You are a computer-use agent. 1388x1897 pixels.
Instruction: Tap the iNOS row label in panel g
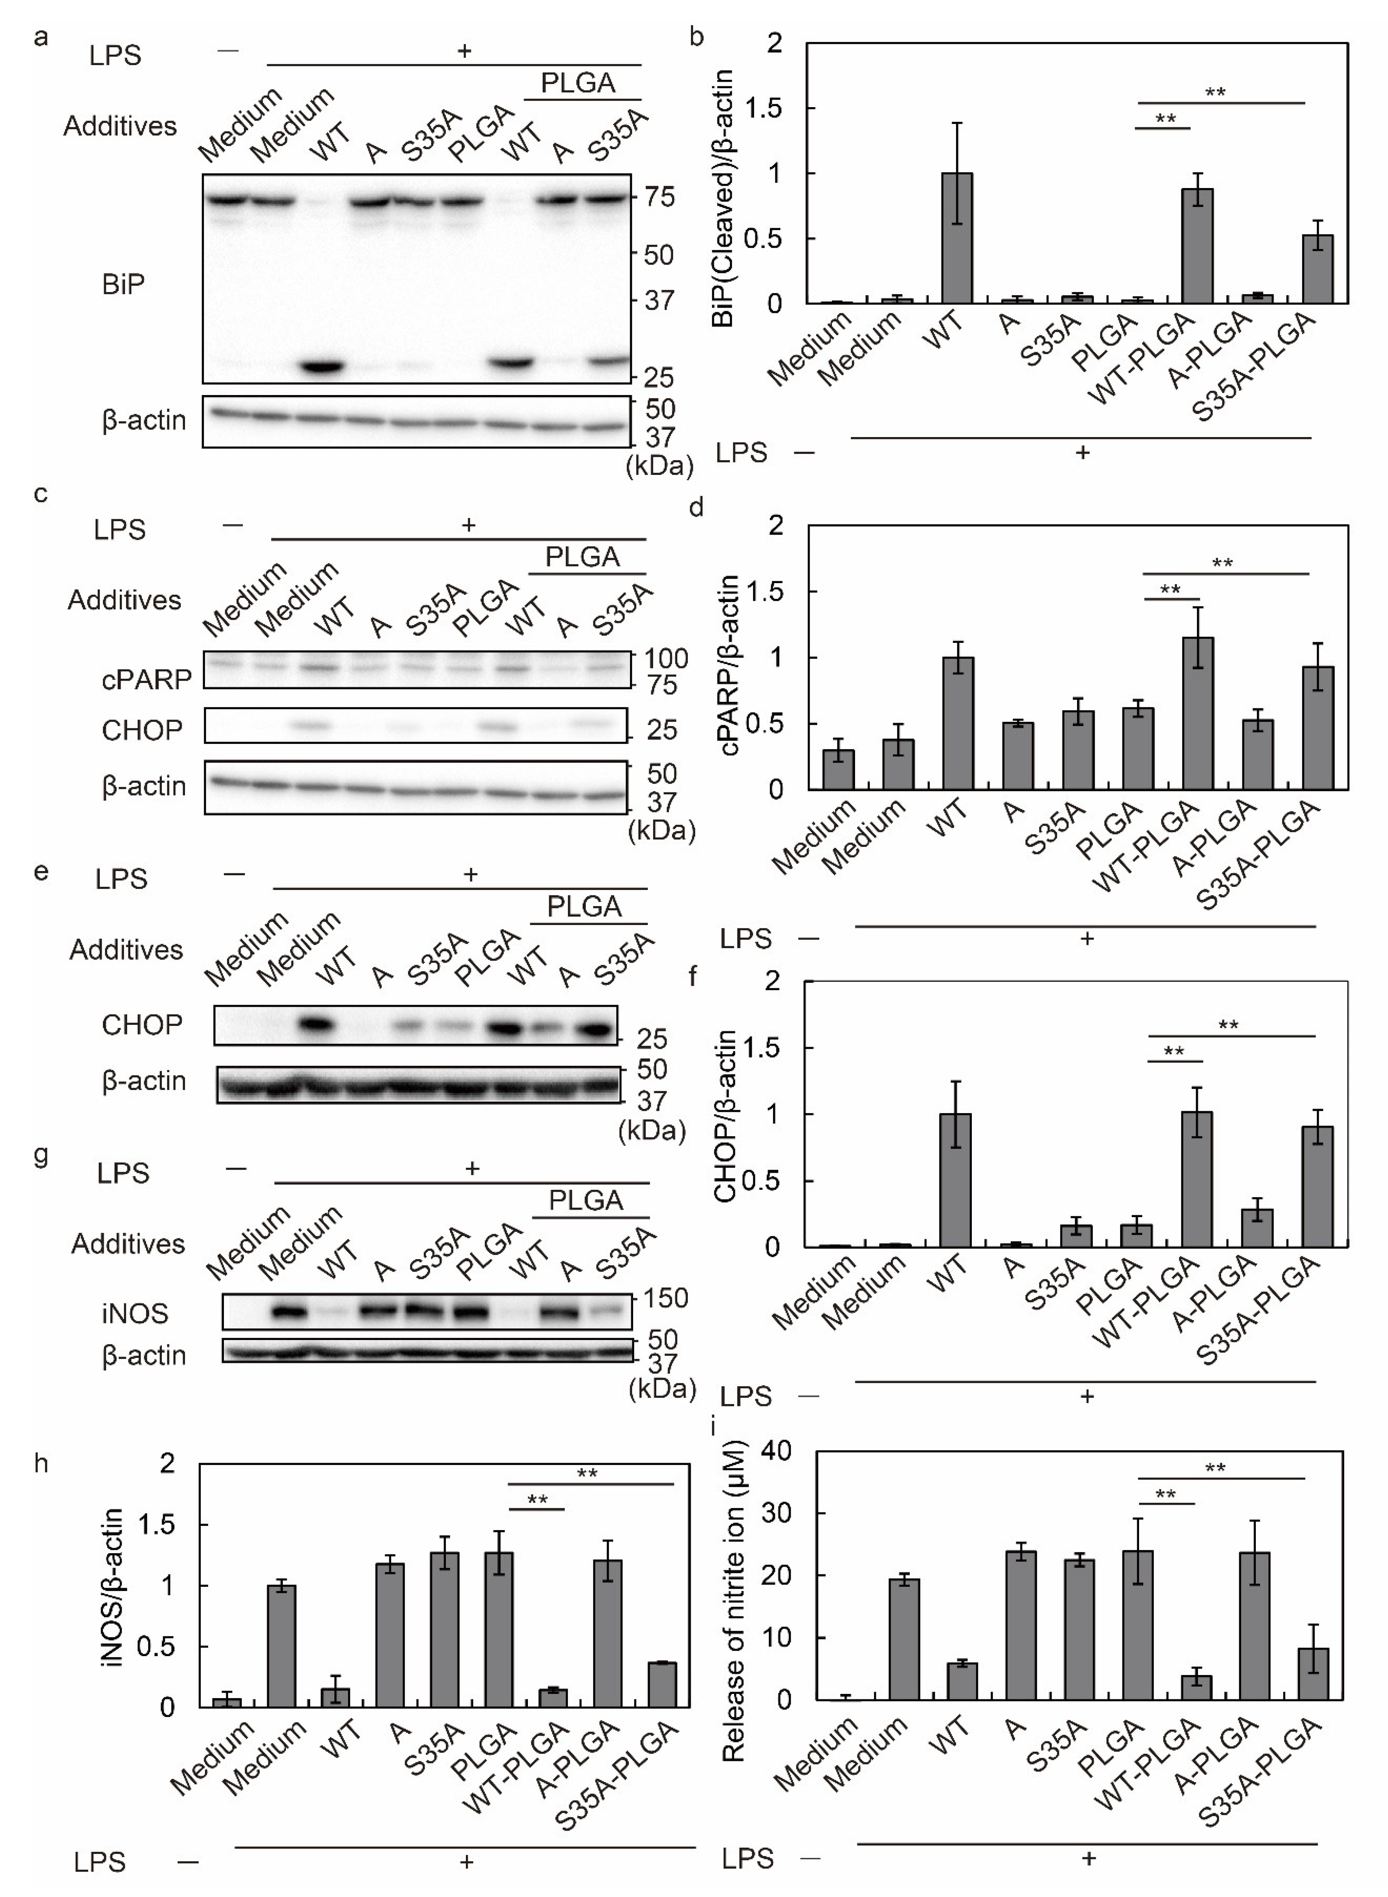pos(134,1312)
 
